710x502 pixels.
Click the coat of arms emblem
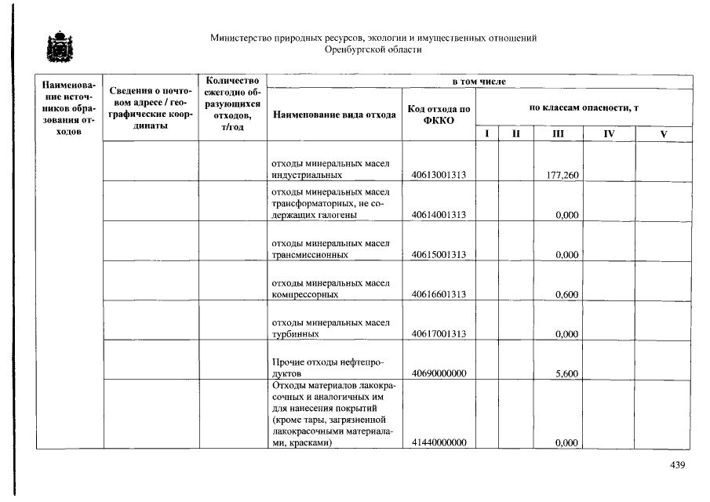[59, 48]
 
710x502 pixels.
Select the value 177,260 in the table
[563, 175]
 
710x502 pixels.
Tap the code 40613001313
[439, 175]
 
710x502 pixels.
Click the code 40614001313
[439, 215]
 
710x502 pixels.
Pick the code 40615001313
[439, 255]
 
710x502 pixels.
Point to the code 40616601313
[439, 295]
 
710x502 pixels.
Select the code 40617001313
[439, 334]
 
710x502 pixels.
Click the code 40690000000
[439, 374]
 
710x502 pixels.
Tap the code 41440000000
[439, 443]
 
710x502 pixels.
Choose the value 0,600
[566, 295]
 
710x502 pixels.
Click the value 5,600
[566, 374]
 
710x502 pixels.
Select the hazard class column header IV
[609, 134]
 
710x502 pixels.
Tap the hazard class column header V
[664, 134]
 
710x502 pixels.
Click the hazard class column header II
[515, 134]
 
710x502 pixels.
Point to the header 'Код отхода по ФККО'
[439, 115]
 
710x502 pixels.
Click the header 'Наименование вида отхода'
[334, 115]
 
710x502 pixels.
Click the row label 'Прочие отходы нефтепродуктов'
[327, 368]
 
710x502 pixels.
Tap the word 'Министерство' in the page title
[242, 38]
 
